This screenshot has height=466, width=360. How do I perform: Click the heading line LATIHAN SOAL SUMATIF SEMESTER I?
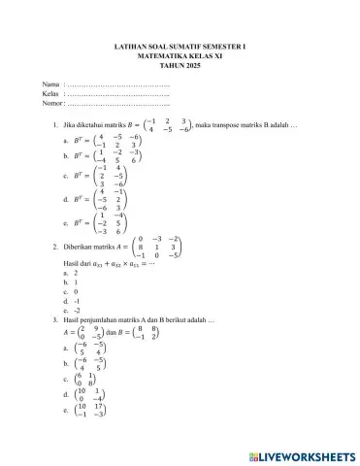pyautogui.click(x=180, y=45)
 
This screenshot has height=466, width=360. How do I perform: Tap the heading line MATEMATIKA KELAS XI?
pyautogui.click(x=180, y=56)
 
